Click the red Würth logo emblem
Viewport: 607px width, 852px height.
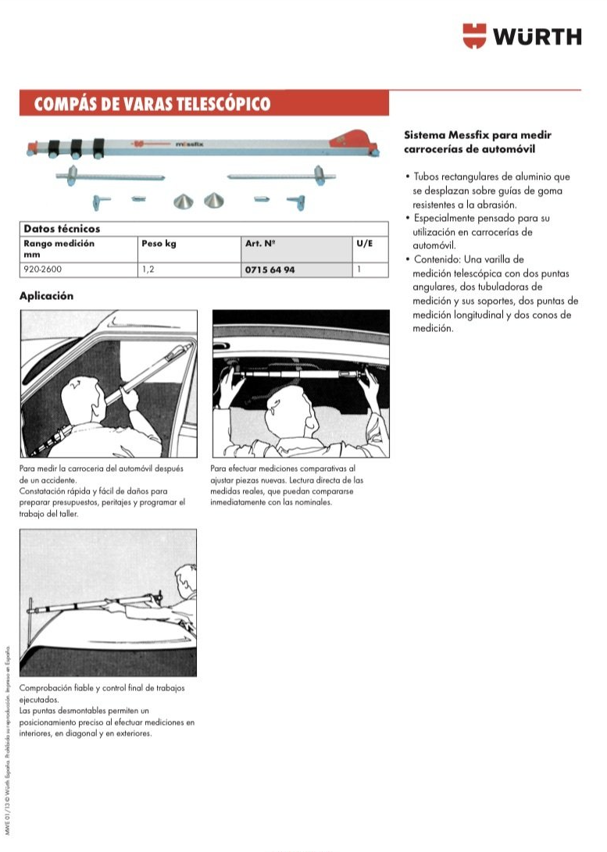point(474,36)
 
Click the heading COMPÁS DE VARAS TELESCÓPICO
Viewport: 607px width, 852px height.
point(152,104)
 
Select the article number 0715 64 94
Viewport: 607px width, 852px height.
point(270,269)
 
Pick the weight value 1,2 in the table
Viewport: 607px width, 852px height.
point(148,269)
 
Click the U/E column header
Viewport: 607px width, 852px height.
point(364,244)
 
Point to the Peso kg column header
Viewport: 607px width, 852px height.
point(159,244)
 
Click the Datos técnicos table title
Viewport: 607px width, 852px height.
point(62,229)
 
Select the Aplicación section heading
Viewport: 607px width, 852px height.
point(46,296)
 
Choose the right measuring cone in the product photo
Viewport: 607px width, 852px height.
point(212,201)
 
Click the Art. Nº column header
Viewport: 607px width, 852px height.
point(260,244)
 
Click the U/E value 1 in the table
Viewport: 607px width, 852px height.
point(359,269)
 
